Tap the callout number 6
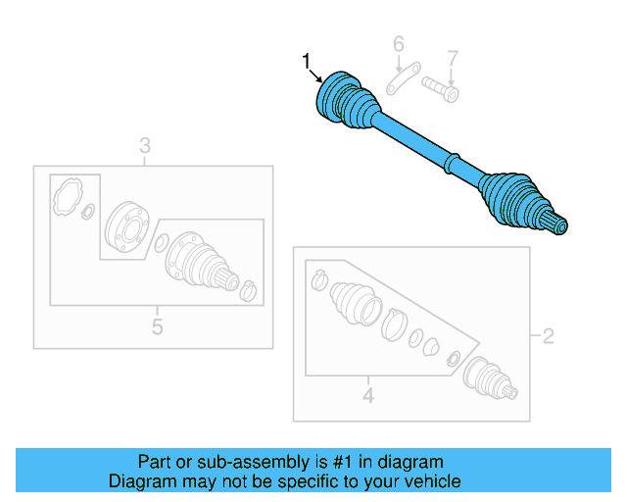click(x=399, y=44)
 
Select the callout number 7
click(x=453, y=58)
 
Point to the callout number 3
click(x=144, y=148)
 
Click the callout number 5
click(x=157, y=326)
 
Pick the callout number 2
click(x=548, y=337)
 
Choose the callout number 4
click(x=368, y=395)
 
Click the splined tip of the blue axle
click(x=559, y=226)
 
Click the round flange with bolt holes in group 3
click(x=125, y=228)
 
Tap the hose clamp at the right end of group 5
click(x=249, y=290)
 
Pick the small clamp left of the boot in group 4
click(x=317, y=281)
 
